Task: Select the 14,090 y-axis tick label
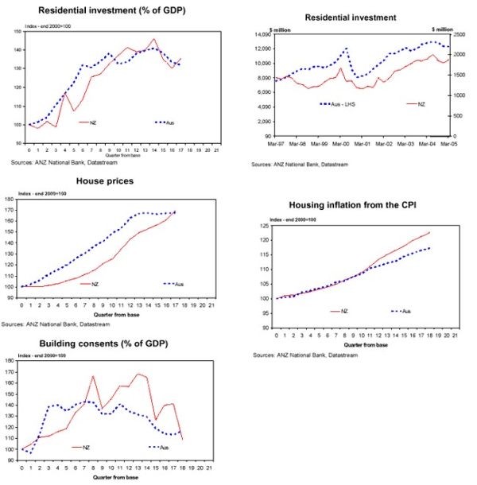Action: [x=264, y=35]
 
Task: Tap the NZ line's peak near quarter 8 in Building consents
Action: [x=94, y=376]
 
